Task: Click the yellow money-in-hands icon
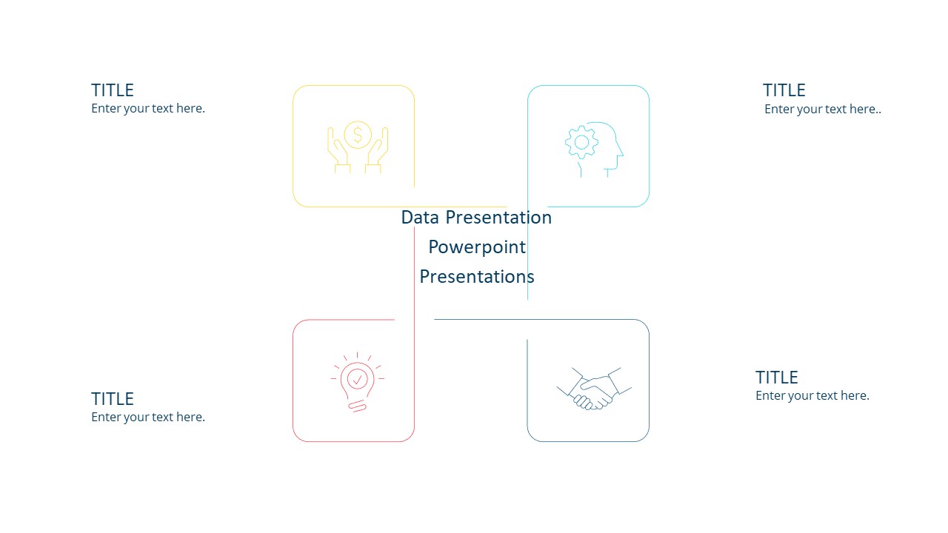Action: [x=358, y=147]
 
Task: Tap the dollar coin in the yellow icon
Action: [x=358, y=135]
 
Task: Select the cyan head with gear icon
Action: [x=594, y=149]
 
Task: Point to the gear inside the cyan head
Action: [x=581, y=142]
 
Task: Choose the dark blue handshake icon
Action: [x=594, y=388]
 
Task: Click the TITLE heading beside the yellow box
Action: [x=113, y=90]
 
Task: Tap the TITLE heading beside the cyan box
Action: [x=784, y=90]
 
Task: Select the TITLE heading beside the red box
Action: [x=113, y=399]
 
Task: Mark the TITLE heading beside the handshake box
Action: [x=776, y=378]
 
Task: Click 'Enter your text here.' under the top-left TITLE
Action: [x=148, y=108]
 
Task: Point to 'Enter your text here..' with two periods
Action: [x=823, y=109]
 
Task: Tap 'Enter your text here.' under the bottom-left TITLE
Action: [x=148, y=417]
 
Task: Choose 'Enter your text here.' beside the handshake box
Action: [x=812, y=395]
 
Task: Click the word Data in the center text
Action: [x=420, y=217]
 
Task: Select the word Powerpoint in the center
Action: [x=477, y=247]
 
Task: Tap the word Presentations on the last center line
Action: [x=477, y=277]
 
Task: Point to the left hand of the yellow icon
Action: [x=338, y=152]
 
